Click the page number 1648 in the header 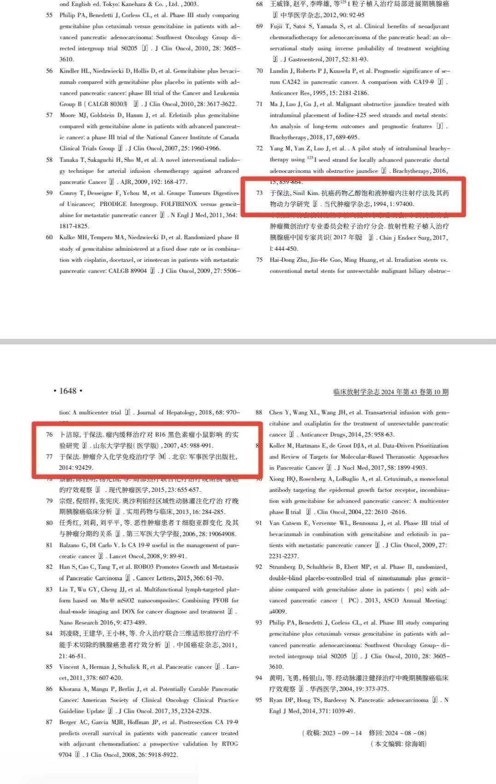68,391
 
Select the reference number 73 259,193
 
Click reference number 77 49,457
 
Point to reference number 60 49,237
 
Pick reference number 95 259,700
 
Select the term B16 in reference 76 160,435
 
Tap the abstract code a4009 278,612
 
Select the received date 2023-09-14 342,733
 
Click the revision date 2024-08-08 405,733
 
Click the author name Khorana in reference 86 70,689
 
